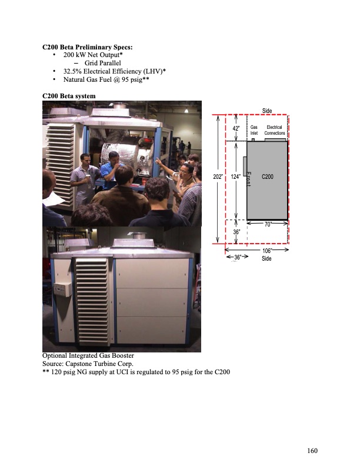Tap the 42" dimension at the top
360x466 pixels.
coord(236,129)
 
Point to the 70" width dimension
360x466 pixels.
coord(266,224)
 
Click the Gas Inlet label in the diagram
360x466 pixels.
coord(254,130)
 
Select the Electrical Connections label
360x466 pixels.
coord(274,130)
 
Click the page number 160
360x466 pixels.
coord(312,451)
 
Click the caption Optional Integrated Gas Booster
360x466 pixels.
coord(88,356)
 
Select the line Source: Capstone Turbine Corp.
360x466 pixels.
coord(88,364)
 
